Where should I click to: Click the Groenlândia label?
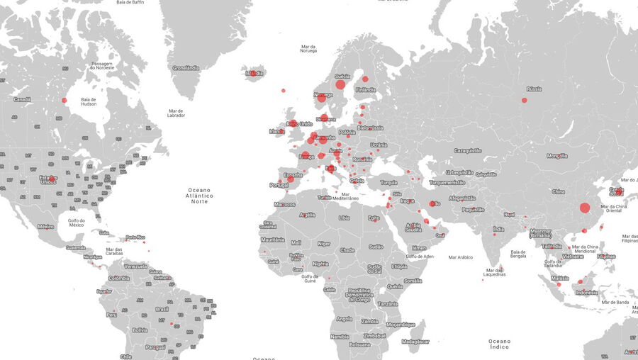pos(186,68)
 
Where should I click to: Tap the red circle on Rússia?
pos(525,101)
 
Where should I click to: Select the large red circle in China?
pos(585,208)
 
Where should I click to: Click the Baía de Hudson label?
pos(89,102)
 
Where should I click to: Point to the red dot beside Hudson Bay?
pos(65,101)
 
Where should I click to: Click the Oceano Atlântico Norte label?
pos(199,196)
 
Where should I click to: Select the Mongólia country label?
pos(557,156)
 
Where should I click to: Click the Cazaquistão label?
pos(467,150)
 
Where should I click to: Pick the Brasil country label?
pos(162,309)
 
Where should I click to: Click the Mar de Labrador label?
pos(176,113)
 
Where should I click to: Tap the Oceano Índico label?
pos(499,344)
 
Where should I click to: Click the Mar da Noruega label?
pos(308,49)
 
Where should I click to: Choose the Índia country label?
pos(498,229)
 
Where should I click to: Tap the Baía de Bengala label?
pos(518,252)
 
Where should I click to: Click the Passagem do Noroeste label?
pos(103,66)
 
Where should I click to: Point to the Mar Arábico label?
pos(460,257)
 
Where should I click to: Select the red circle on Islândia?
pos(251,72)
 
